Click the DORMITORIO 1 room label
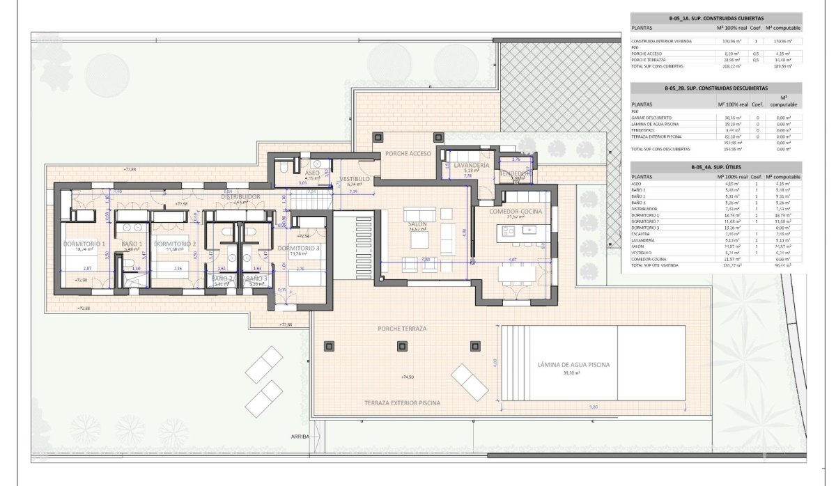tap(84, 244)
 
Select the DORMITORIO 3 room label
tap(298, 249)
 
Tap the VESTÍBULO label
tap(355, 159)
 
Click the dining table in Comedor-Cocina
tap(518, 274)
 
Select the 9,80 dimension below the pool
tap(593, 407)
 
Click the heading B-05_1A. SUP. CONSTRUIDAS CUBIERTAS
tap(715, 18)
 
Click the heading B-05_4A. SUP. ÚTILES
tap(715, 167)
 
